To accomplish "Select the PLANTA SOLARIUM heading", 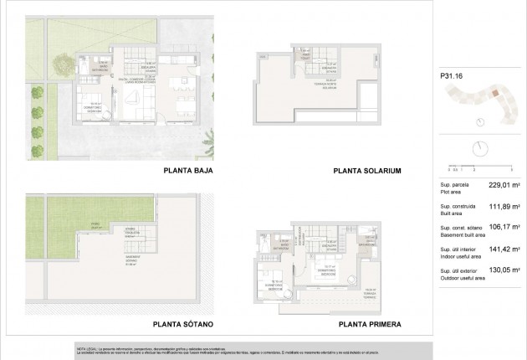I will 368,171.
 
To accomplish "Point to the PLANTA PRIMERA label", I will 368,323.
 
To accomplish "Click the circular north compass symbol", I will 479,147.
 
